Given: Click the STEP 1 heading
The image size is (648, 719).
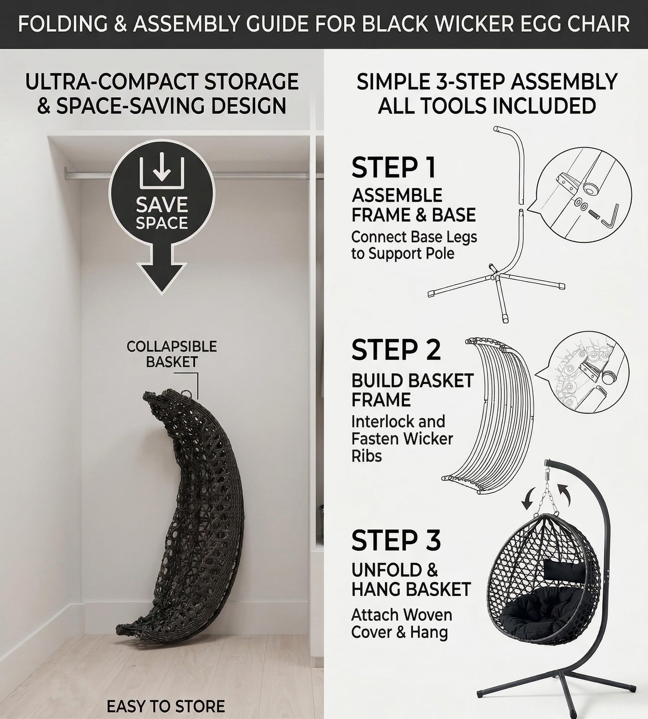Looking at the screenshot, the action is [x=394, y=167].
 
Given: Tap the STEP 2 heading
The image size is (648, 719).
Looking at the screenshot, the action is [x=396, y=350].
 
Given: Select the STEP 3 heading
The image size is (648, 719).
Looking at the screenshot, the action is [x=396, y=540].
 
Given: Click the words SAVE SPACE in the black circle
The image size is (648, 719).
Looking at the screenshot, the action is [x=162, y=213].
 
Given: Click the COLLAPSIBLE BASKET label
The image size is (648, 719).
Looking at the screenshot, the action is [x=171, y=354].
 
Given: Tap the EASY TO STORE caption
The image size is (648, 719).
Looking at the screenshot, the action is [x=166, y=707].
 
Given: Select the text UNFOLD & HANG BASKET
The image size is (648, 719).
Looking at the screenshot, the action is [x=411, y=580].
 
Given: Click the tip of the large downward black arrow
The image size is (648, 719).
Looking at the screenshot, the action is [x=162, y=294].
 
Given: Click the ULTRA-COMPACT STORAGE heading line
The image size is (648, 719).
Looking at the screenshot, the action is [x=162, y=82].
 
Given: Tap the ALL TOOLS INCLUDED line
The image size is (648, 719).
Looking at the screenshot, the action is [x=487, y=106].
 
